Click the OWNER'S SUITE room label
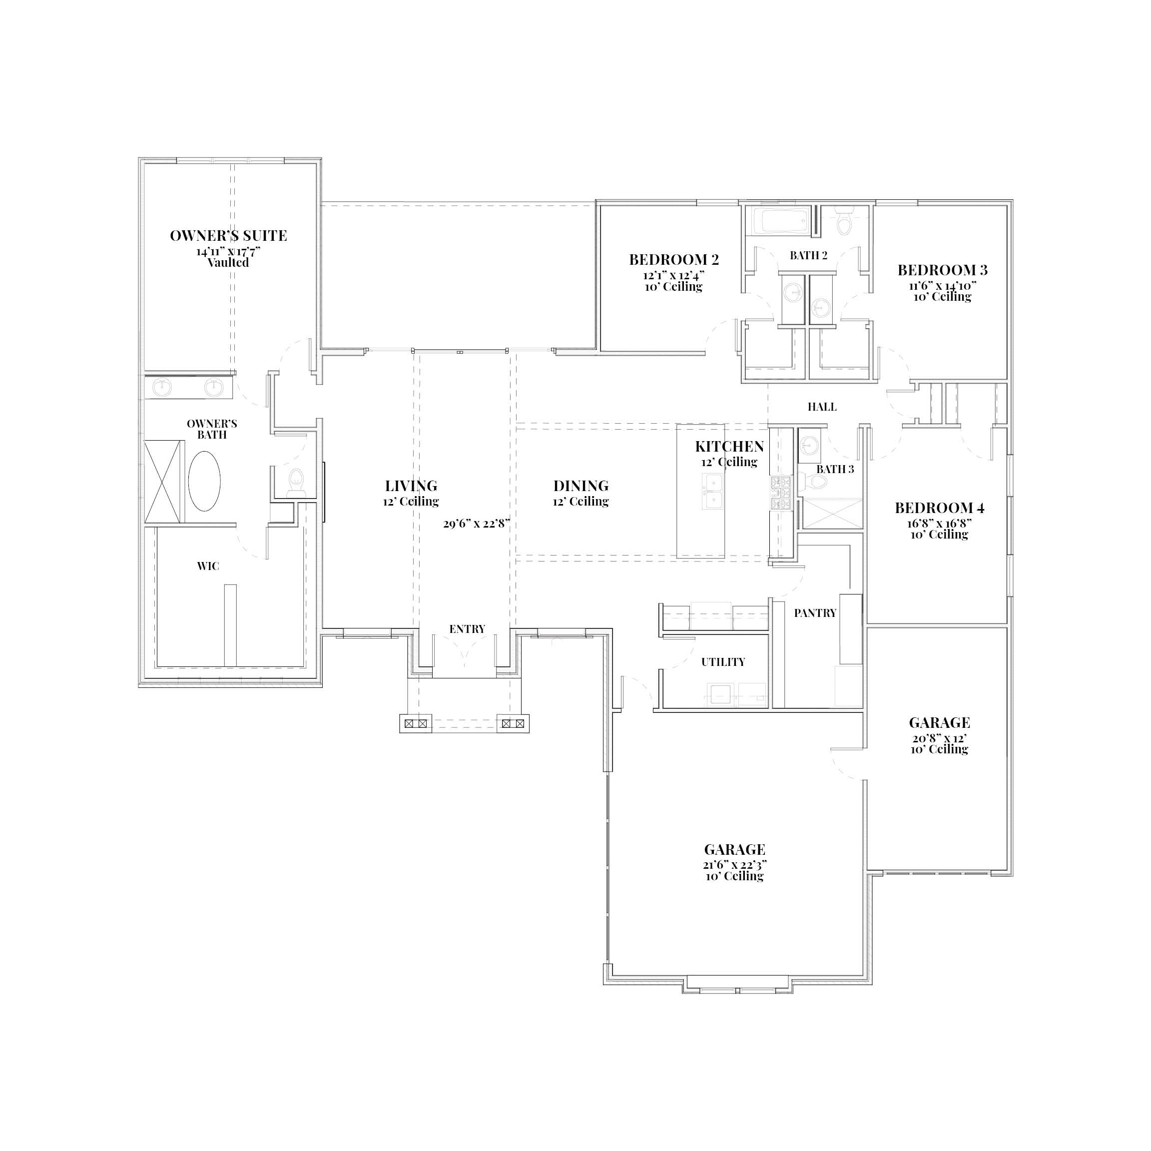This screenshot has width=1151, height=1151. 228,236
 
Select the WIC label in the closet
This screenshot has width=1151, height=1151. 208,566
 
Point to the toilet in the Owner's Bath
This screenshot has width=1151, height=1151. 296,482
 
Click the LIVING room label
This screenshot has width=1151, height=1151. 411,486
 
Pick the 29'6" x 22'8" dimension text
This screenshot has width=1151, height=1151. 477,524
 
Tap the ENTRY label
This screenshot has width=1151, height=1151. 467,629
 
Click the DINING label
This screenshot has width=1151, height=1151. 581,486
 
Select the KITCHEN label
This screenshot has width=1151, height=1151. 729,447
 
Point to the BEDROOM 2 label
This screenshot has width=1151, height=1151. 674,260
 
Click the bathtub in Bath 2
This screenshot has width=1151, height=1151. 780,221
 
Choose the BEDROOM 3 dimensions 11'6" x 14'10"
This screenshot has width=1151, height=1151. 943,285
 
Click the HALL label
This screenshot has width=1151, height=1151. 822,407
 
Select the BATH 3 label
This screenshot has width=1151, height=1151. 835,470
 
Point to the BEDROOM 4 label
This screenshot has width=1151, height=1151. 940,508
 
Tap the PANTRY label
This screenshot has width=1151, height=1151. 815,613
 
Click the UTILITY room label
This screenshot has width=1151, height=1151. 723,662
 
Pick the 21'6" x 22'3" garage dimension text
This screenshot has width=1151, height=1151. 734,864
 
